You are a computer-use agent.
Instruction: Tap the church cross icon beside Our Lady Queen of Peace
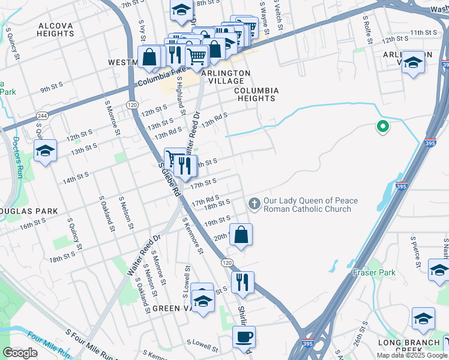tap(254, 205)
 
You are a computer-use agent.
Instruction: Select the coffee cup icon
tap(244, 337)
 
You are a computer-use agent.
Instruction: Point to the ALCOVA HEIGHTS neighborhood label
tap(55, 30)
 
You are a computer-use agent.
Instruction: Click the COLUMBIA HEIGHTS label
tap(256, 94)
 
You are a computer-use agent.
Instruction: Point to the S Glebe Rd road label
tap(169, 179)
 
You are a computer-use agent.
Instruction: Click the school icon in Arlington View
tap(412, 62)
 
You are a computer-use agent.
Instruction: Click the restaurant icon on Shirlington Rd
tap(243, 282)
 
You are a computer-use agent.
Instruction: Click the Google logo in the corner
tap(20, 352)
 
